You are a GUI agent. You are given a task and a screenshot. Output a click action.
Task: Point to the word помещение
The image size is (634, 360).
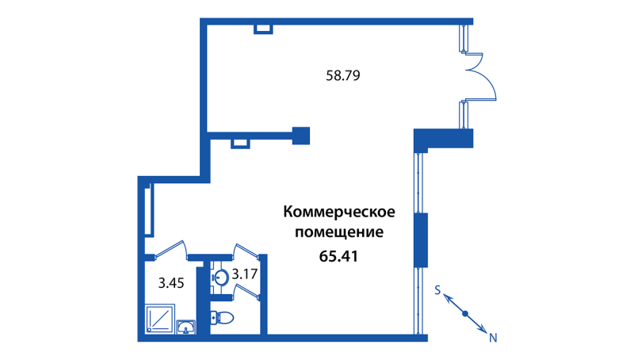tap(339, 233)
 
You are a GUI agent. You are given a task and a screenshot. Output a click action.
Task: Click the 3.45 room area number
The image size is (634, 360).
tap(171, 281)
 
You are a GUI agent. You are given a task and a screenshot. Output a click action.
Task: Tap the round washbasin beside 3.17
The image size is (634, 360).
tap(222, 278)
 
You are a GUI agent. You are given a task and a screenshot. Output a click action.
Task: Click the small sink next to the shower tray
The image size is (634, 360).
tap(186, 327)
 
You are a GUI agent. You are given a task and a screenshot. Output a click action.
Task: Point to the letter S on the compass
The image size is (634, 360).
tap(437, 291)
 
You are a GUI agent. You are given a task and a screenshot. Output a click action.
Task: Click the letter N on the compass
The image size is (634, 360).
tap(492, 338)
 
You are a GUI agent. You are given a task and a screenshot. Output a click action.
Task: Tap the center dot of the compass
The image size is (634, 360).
tap(465, 314)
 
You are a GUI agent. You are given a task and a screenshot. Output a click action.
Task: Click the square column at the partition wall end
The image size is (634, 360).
tap(301, 136)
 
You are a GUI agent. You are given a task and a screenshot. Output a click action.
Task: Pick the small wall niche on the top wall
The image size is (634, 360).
tap(263, 29)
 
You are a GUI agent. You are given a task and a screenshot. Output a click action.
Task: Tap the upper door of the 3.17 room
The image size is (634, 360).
tap(247, 251)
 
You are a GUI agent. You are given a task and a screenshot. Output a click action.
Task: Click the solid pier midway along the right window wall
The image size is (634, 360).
tap(422, 240)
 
